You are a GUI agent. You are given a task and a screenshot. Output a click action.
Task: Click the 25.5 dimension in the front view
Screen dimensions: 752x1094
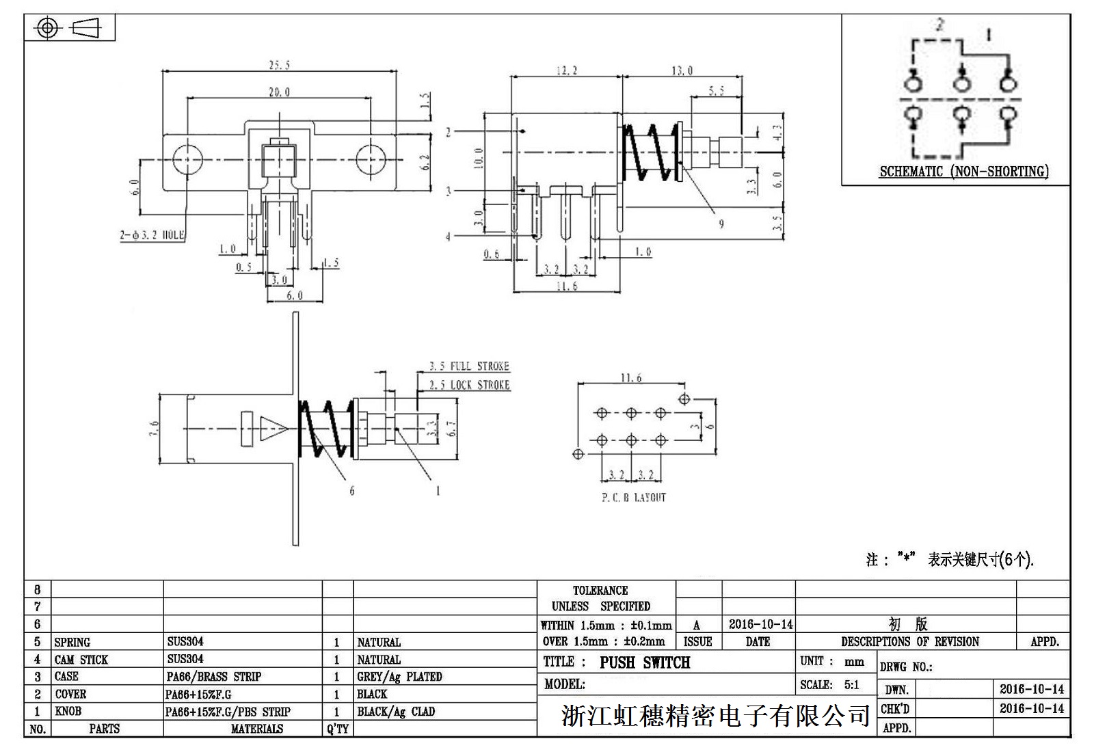(279, 65)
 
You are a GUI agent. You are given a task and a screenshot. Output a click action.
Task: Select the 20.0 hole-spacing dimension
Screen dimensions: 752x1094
(278, 92)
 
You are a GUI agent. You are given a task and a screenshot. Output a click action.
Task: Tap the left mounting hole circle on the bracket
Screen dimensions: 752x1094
(187, 160)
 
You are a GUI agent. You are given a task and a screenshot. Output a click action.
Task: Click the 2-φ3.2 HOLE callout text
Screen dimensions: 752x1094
(152, 235)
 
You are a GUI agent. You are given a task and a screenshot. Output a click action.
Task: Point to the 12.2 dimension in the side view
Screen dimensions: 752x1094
(566, 70)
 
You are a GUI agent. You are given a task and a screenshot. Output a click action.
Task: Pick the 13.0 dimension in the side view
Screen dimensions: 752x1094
(682, 70)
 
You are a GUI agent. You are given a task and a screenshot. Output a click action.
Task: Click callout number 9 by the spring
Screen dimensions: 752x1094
(721, 224)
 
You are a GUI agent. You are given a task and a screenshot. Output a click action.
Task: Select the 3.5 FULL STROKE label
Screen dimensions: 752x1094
(469, 366)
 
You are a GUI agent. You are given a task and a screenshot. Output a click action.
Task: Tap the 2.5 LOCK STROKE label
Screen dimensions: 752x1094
(469, 385)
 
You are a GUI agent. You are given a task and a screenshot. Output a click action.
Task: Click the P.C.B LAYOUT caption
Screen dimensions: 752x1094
(633, 498)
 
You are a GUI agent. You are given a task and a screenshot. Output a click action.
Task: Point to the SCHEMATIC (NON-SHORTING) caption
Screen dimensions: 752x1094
(963, 172)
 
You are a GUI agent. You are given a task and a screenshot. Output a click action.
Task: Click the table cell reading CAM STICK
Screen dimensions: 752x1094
(81, 660)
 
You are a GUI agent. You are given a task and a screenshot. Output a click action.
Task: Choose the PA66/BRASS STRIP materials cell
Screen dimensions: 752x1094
(214, 677)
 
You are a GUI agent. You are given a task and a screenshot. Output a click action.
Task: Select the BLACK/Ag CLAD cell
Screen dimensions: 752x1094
(396, 712)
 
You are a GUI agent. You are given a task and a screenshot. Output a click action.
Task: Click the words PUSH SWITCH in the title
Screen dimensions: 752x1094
(645, 662)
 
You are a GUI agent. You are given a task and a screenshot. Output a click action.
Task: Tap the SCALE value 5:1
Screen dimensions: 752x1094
(851, 685)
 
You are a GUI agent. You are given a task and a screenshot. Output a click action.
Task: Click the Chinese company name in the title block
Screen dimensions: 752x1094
(715, 716)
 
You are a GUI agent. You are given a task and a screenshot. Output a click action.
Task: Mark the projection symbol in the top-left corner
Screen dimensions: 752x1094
(69, 28)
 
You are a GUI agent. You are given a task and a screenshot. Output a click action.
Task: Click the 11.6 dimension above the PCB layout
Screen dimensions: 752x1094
(630, 378)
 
